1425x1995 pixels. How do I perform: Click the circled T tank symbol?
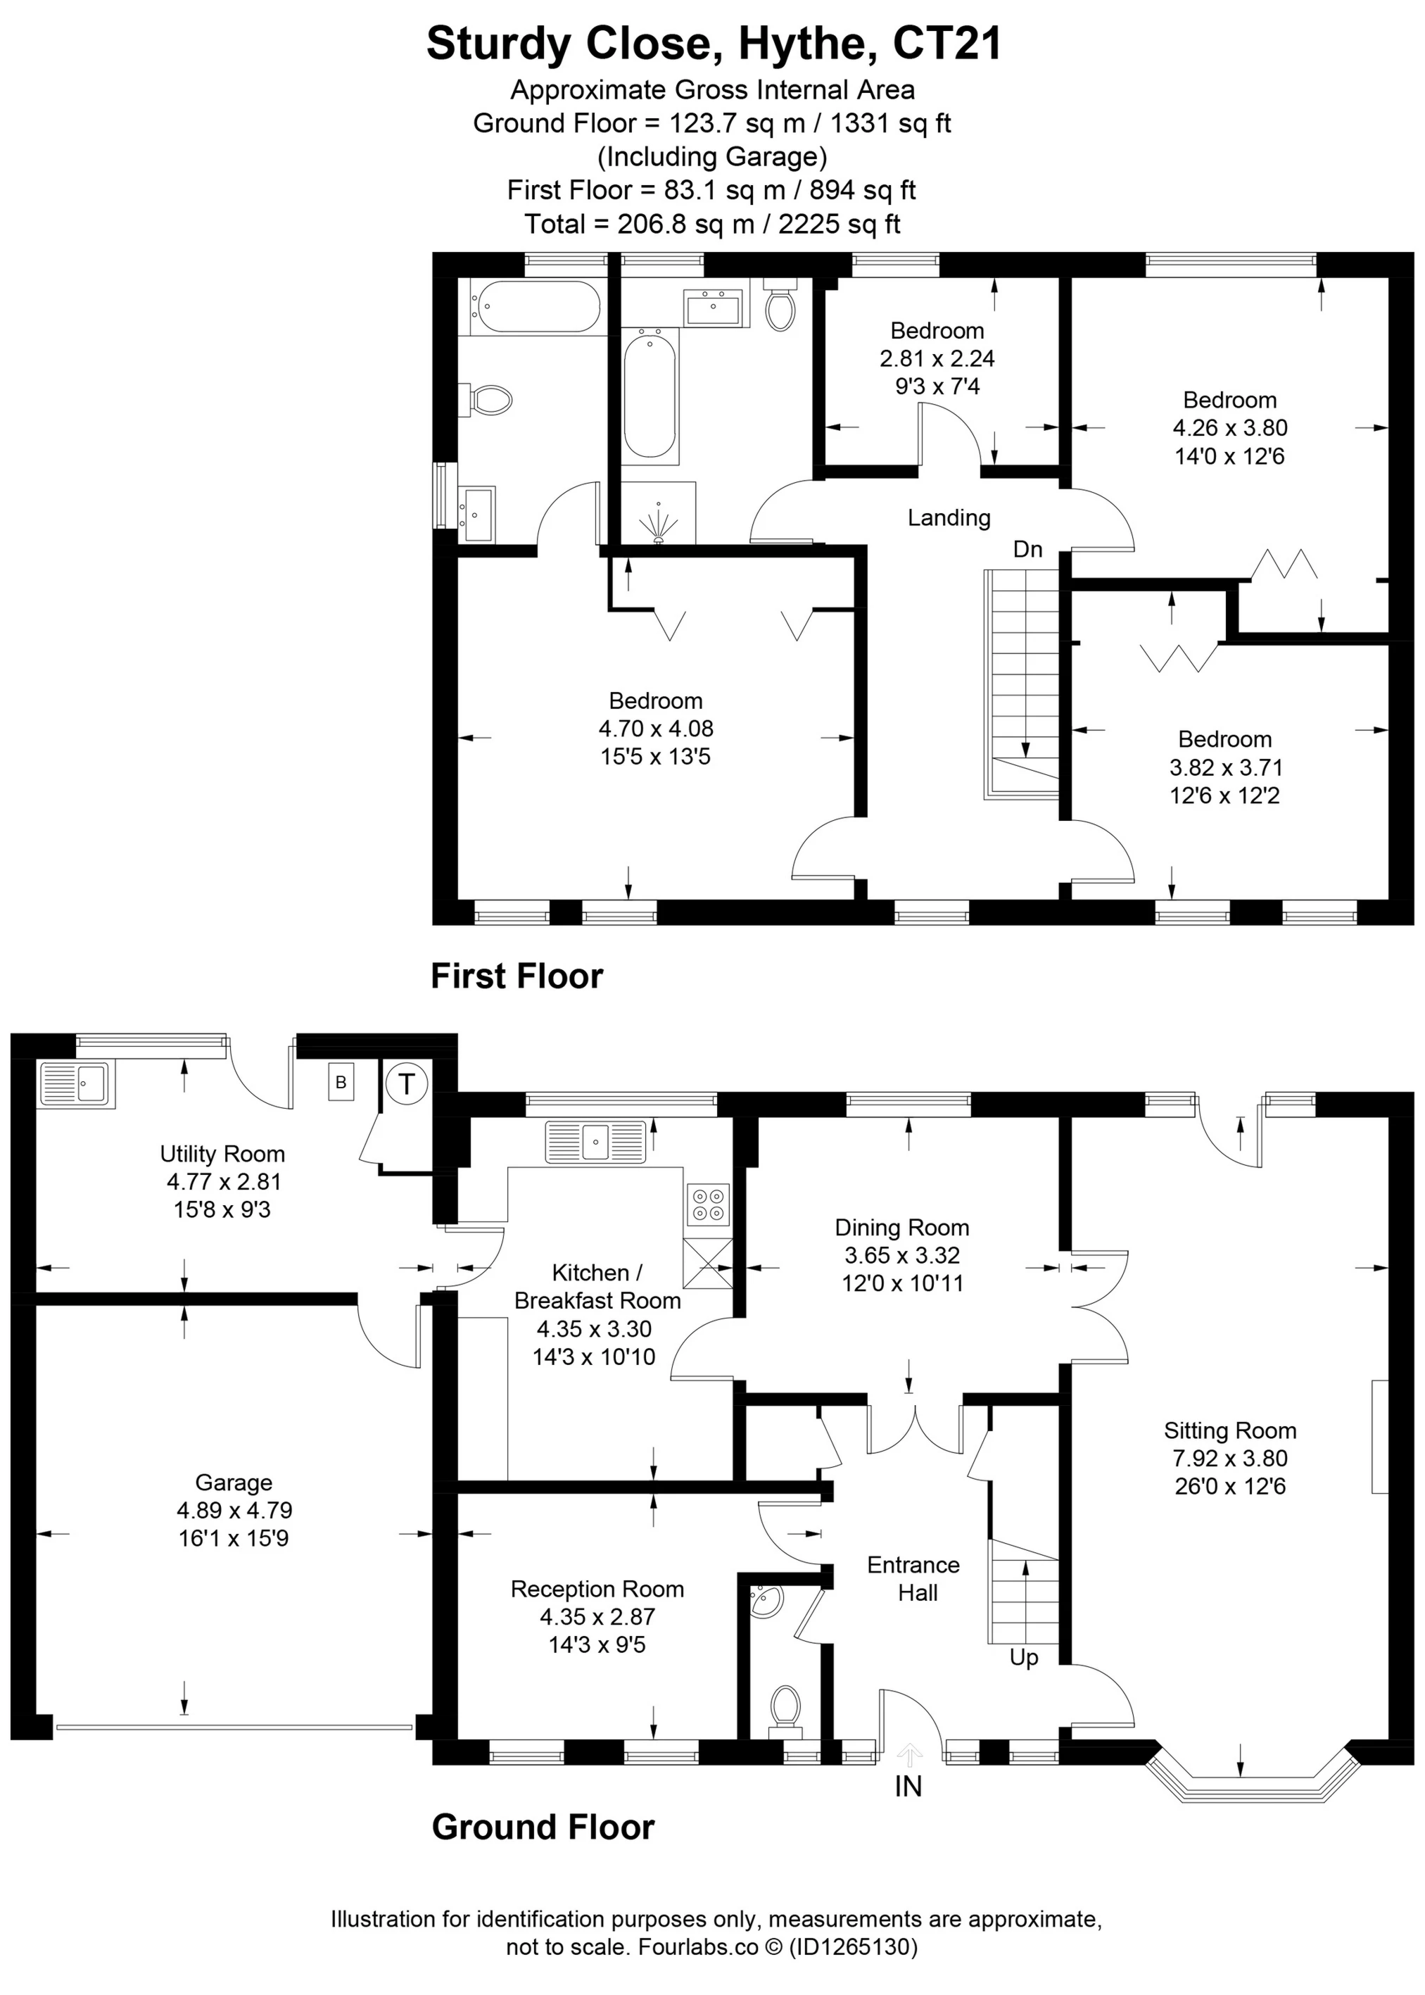tap(405, 1084)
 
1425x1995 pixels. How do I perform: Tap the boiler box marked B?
tap(341, 1082)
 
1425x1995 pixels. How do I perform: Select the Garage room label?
tap(234, 1483)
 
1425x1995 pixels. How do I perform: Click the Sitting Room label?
tap(1229, 1430)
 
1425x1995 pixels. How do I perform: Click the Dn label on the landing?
tap(1027, 550)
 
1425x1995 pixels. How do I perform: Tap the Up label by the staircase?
tap(1023, 1657)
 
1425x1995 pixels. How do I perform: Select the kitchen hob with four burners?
tap(708, 1205)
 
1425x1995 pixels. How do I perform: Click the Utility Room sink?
tap(75, 1085)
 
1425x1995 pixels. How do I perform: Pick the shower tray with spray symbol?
tap(658, 513)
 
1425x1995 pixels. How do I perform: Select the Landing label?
tap(949, 518)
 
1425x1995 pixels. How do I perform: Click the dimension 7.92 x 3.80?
tap(1229, 1459)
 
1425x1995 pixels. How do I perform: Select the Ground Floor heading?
tap(543, 1827)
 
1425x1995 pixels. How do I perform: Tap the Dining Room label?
tap(901, 1228)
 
